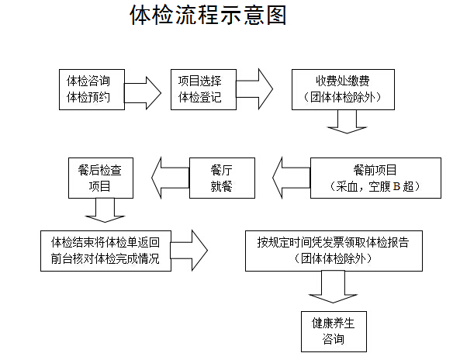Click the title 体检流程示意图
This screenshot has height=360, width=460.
click(208, 15)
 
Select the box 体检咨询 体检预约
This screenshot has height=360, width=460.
click(92, 89)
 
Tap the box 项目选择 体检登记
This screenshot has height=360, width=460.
click(203, 89)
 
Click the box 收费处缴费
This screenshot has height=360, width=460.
click(343, 89)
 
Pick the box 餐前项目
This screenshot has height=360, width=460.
click(375, 178)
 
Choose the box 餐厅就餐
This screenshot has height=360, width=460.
click(222, 178)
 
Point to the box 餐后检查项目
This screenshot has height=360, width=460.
click(101, 178)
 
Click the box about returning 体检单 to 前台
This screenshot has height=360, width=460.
click(105, 251)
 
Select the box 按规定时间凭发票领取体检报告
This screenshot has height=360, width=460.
click(334, 251)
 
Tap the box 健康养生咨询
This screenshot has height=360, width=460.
click(334, 331)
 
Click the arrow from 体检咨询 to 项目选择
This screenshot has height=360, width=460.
click(143, 93)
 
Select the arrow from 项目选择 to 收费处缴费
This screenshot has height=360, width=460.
click(254, 89)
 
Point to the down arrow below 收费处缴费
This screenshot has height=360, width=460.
click(347, 122)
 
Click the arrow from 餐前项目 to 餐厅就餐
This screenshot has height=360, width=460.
click(292, 178)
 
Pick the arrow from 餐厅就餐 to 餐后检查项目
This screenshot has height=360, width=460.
click(171, 178)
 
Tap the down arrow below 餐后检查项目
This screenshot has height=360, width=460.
click(105, 210)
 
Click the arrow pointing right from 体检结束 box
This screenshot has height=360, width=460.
click(189, 251)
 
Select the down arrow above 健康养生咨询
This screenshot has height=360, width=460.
click(333, 286)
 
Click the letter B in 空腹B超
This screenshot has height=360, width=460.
click(396, 186)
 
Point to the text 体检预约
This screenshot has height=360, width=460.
click(88, 98)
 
